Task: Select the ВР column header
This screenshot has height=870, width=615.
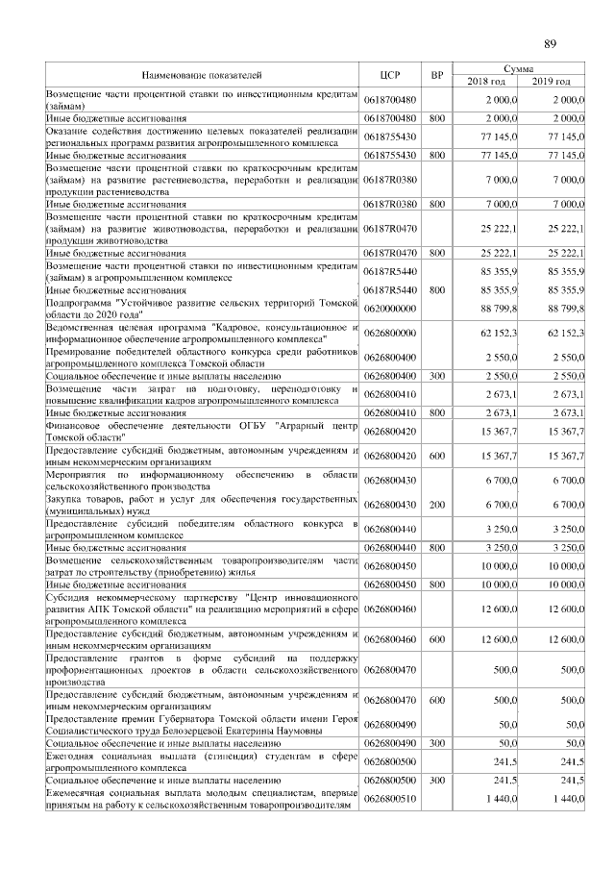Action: [436, 74]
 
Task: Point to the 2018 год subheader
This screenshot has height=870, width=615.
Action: [487, 81]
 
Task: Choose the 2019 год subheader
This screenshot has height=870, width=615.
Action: [553, 81]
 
